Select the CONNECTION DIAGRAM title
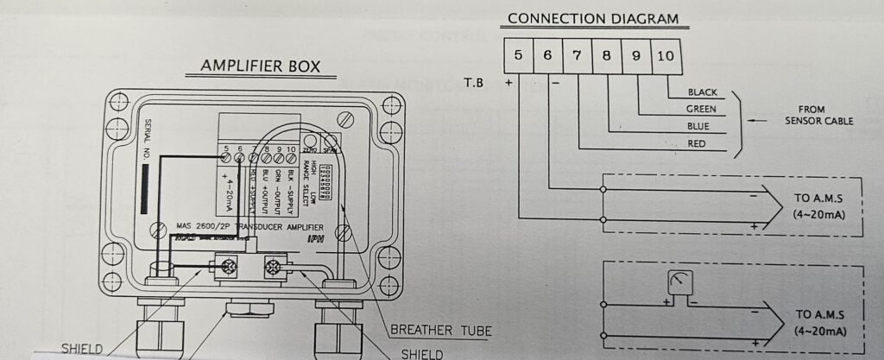click(592, 19)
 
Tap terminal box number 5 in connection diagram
click(518, 55)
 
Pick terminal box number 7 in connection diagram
click(577, 55)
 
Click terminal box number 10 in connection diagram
click(666, 55)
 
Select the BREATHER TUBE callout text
click(440, 330)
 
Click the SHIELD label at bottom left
click(81, 349)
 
